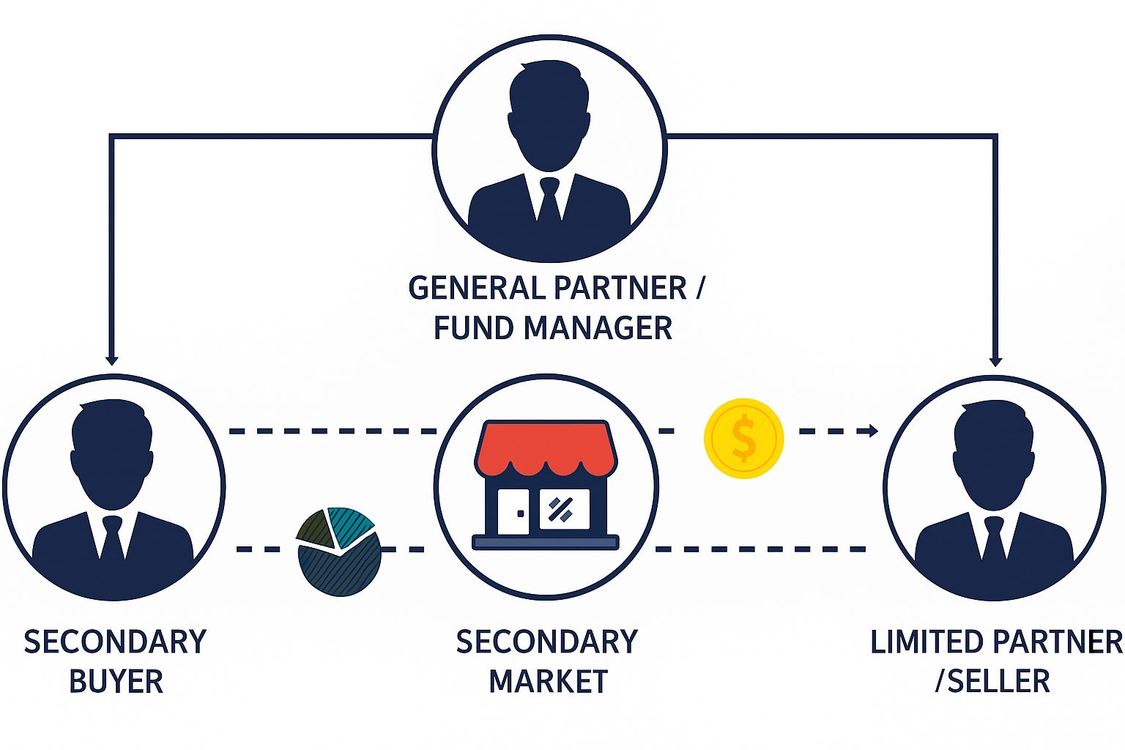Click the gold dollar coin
tap(743, 438)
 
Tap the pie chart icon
tap(338, 551)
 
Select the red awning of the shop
tap(546, 447)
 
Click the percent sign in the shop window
tap(562, 509)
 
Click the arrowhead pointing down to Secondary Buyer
tap(111, 359)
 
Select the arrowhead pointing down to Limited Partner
tap(995, 360)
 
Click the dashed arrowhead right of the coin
tap(872, 431)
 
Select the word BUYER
tap(116, 681)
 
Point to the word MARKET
tap(548, 681)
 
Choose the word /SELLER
tap(992, 681)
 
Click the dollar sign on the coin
tap(743, 438)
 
